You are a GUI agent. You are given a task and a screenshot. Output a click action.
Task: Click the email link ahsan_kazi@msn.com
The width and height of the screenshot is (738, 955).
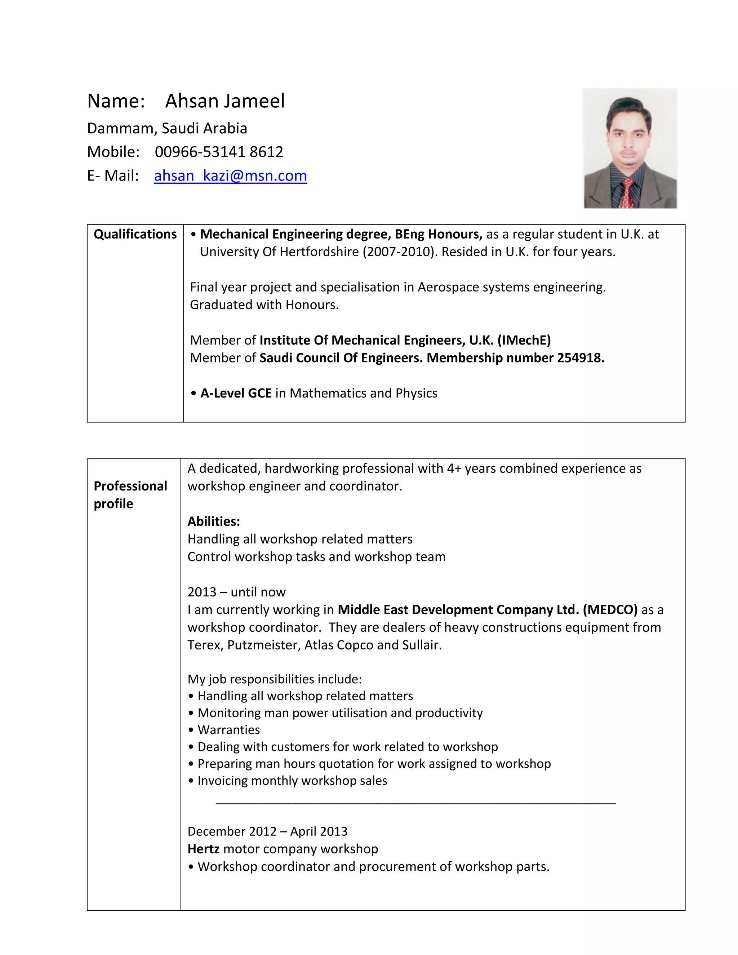point(230,176)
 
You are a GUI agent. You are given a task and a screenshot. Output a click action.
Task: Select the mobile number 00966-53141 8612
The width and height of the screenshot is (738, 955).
point(219,152)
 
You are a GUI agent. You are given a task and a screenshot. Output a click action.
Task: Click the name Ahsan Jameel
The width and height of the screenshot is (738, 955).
point(225,101)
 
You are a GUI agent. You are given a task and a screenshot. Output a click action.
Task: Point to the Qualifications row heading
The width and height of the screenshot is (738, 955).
point(135,234)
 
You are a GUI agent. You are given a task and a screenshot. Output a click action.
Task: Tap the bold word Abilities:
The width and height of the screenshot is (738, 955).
point(214,521)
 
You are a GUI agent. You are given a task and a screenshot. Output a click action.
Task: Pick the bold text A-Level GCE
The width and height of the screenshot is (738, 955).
point(236,393)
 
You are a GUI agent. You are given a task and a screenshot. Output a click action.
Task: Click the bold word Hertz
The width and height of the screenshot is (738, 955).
point(203,849)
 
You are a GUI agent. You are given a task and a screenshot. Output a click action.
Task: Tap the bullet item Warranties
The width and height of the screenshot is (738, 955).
point(228,730)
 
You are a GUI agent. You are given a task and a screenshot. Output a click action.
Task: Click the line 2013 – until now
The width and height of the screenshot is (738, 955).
point(236,592)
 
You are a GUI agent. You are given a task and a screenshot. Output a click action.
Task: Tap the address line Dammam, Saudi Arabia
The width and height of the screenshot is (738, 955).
point(167,129)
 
